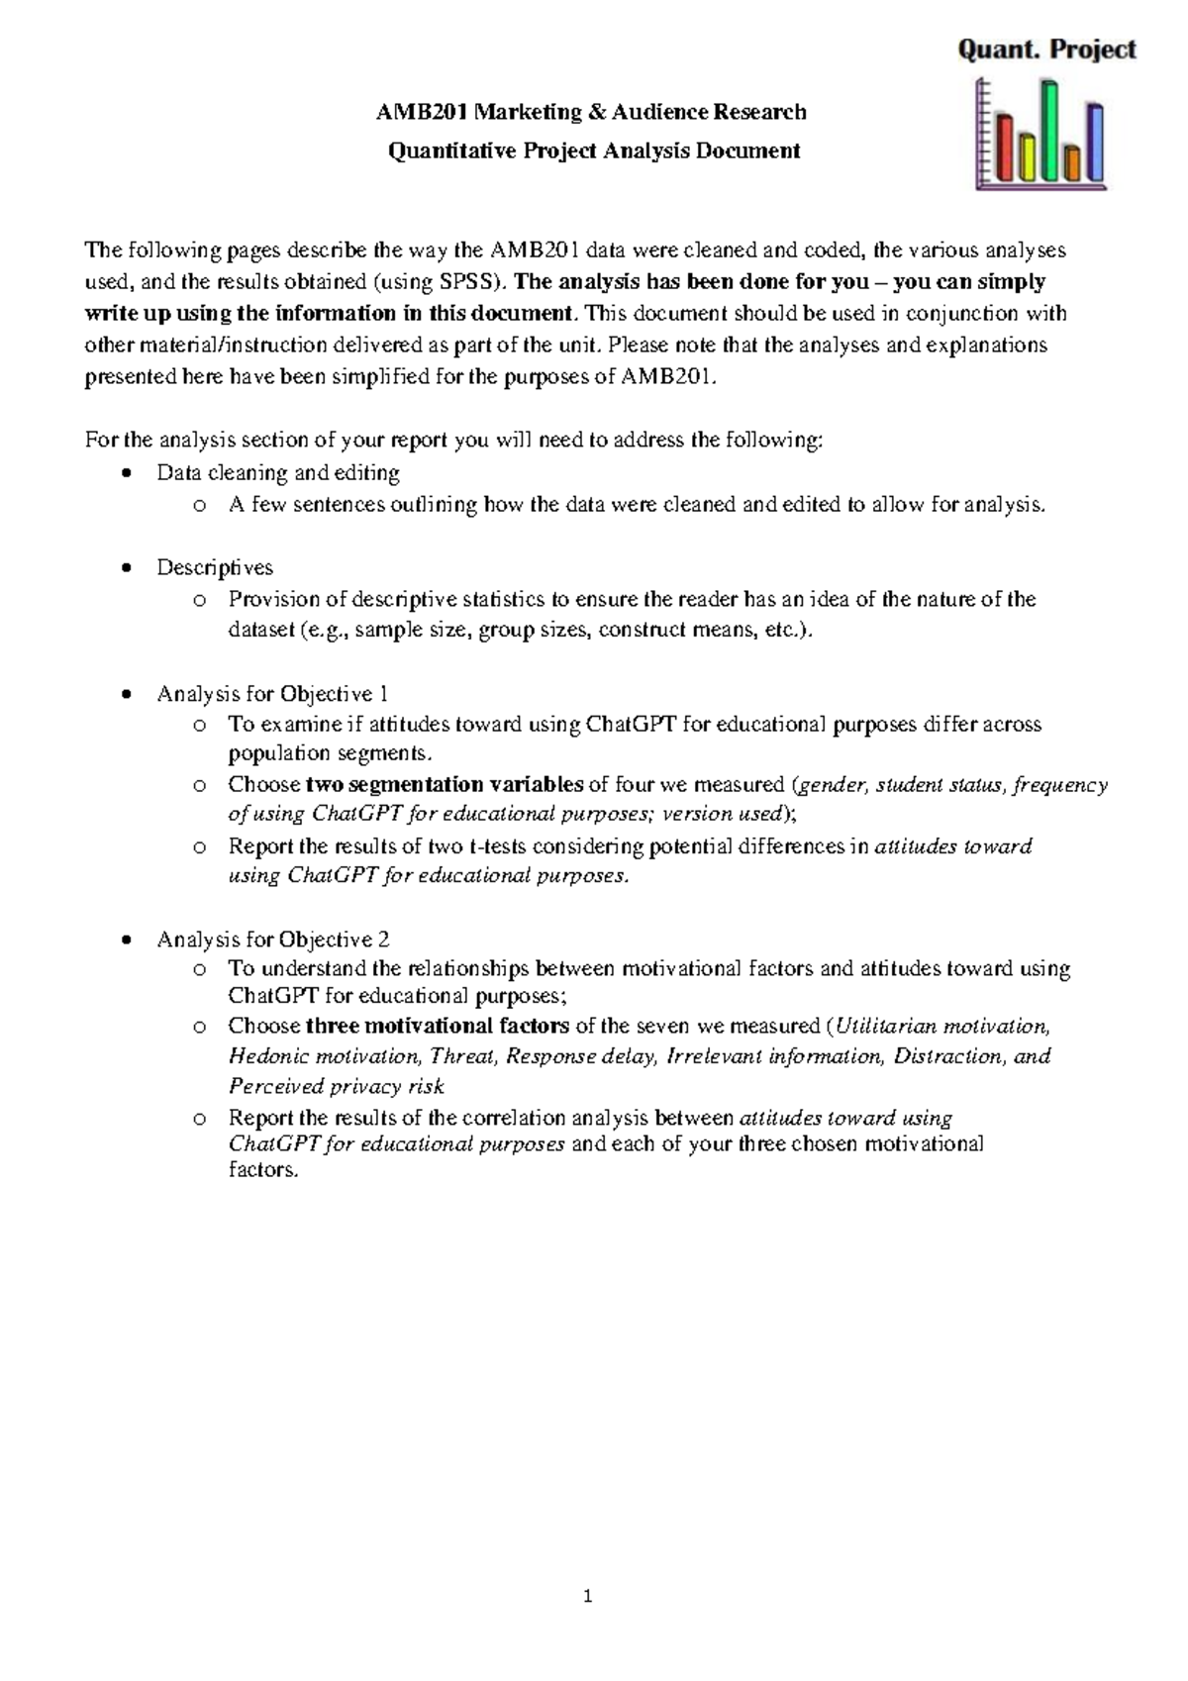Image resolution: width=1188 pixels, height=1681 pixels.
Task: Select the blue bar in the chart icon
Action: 1095,141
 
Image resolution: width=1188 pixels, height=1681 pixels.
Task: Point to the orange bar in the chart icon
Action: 1072,161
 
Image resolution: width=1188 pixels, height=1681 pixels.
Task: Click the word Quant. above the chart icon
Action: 997,49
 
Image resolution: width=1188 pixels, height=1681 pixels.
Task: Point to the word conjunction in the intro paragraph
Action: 965,314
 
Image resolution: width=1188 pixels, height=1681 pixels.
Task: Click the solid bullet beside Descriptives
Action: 125,568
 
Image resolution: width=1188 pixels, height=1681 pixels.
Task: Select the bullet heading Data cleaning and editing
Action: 277,473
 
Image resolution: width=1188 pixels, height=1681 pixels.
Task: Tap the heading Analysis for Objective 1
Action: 272,694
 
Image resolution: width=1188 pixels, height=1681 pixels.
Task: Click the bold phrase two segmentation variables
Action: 445,785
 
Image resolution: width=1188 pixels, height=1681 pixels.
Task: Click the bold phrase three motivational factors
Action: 438,1026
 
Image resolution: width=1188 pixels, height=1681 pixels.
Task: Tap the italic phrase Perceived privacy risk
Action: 336,1087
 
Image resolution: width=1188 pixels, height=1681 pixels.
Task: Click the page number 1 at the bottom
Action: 588,1596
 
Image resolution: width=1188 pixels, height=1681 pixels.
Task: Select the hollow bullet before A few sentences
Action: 200,506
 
